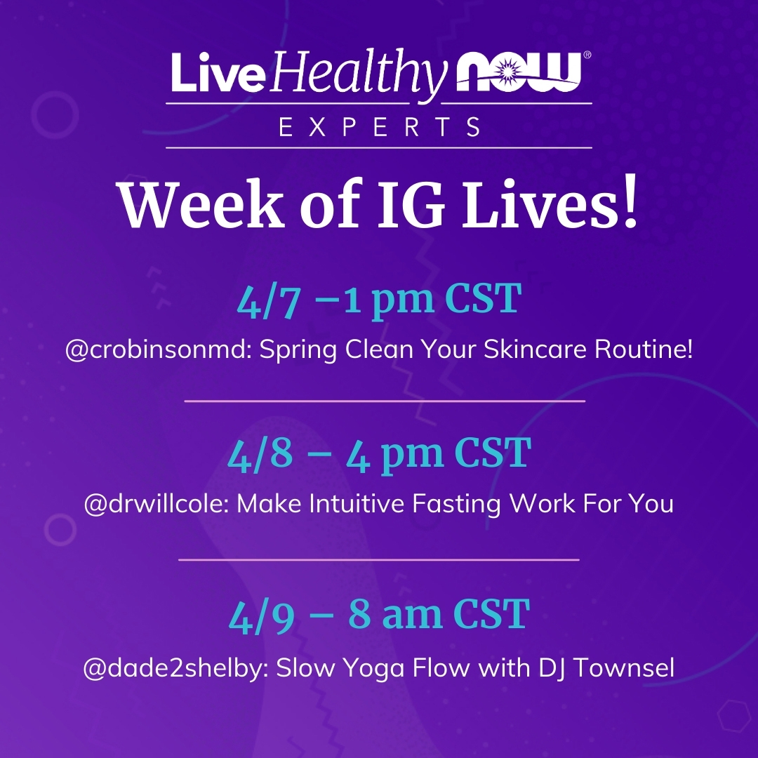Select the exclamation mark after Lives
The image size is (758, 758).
coord(630,202)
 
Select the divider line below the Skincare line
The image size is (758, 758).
coord(385,401)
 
